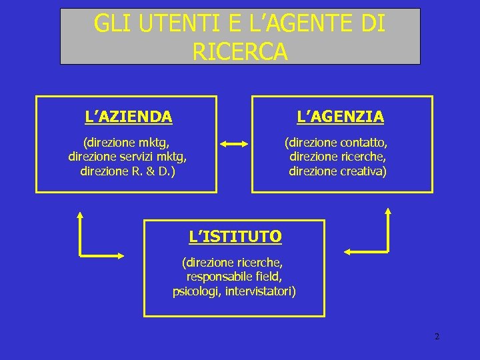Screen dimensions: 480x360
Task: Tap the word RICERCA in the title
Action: pos(240,51)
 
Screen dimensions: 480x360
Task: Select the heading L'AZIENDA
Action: pos(129,117)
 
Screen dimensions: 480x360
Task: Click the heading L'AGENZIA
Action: pos(340,117)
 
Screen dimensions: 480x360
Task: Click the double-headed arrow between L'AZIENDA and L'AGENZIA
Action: pos(234,143)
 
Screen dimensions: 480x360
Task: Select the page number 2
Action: pos(437,336)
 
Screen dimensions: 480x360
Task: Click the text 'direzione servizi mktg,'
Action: pos(127,157)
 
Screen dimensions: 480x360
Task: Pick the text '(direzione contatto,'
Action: pos(336,142)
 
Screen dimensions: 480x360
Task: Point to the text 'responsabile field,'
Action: pos(235,277)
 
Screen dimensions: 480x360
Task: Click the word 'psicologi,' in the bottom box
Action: pos(197,291)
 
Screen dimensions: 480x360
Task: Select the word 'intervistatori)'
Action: pos(261,291)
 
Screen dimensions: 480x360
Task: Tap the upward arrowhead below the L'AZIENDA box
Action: pos(79,215)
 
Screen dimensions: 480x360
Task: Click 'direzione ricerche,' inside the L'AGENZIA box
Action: pos(338,157)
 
